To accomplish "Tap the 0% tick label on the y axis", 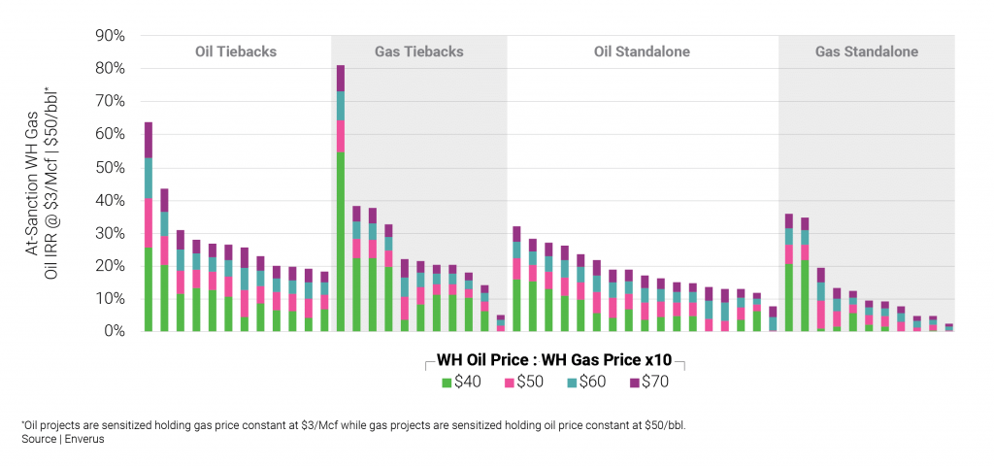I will (115, 331).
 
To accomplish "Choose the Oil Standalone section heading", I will (644, 51).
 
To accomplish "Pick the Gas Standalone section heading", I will (867, 51).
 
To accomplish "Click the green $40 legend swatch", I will (447, 382).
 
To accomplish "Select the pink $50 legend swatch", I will (508, 382).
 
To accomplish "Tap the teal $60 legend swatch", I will (571, 382).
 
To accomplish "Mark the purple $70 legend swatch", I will (634, 382).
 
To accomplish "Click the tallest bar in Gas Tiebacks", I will (341, 194).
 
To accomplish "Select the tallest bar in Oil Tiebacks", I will (149, 223).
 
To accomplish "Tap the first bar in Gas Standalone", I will (789, 272).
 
